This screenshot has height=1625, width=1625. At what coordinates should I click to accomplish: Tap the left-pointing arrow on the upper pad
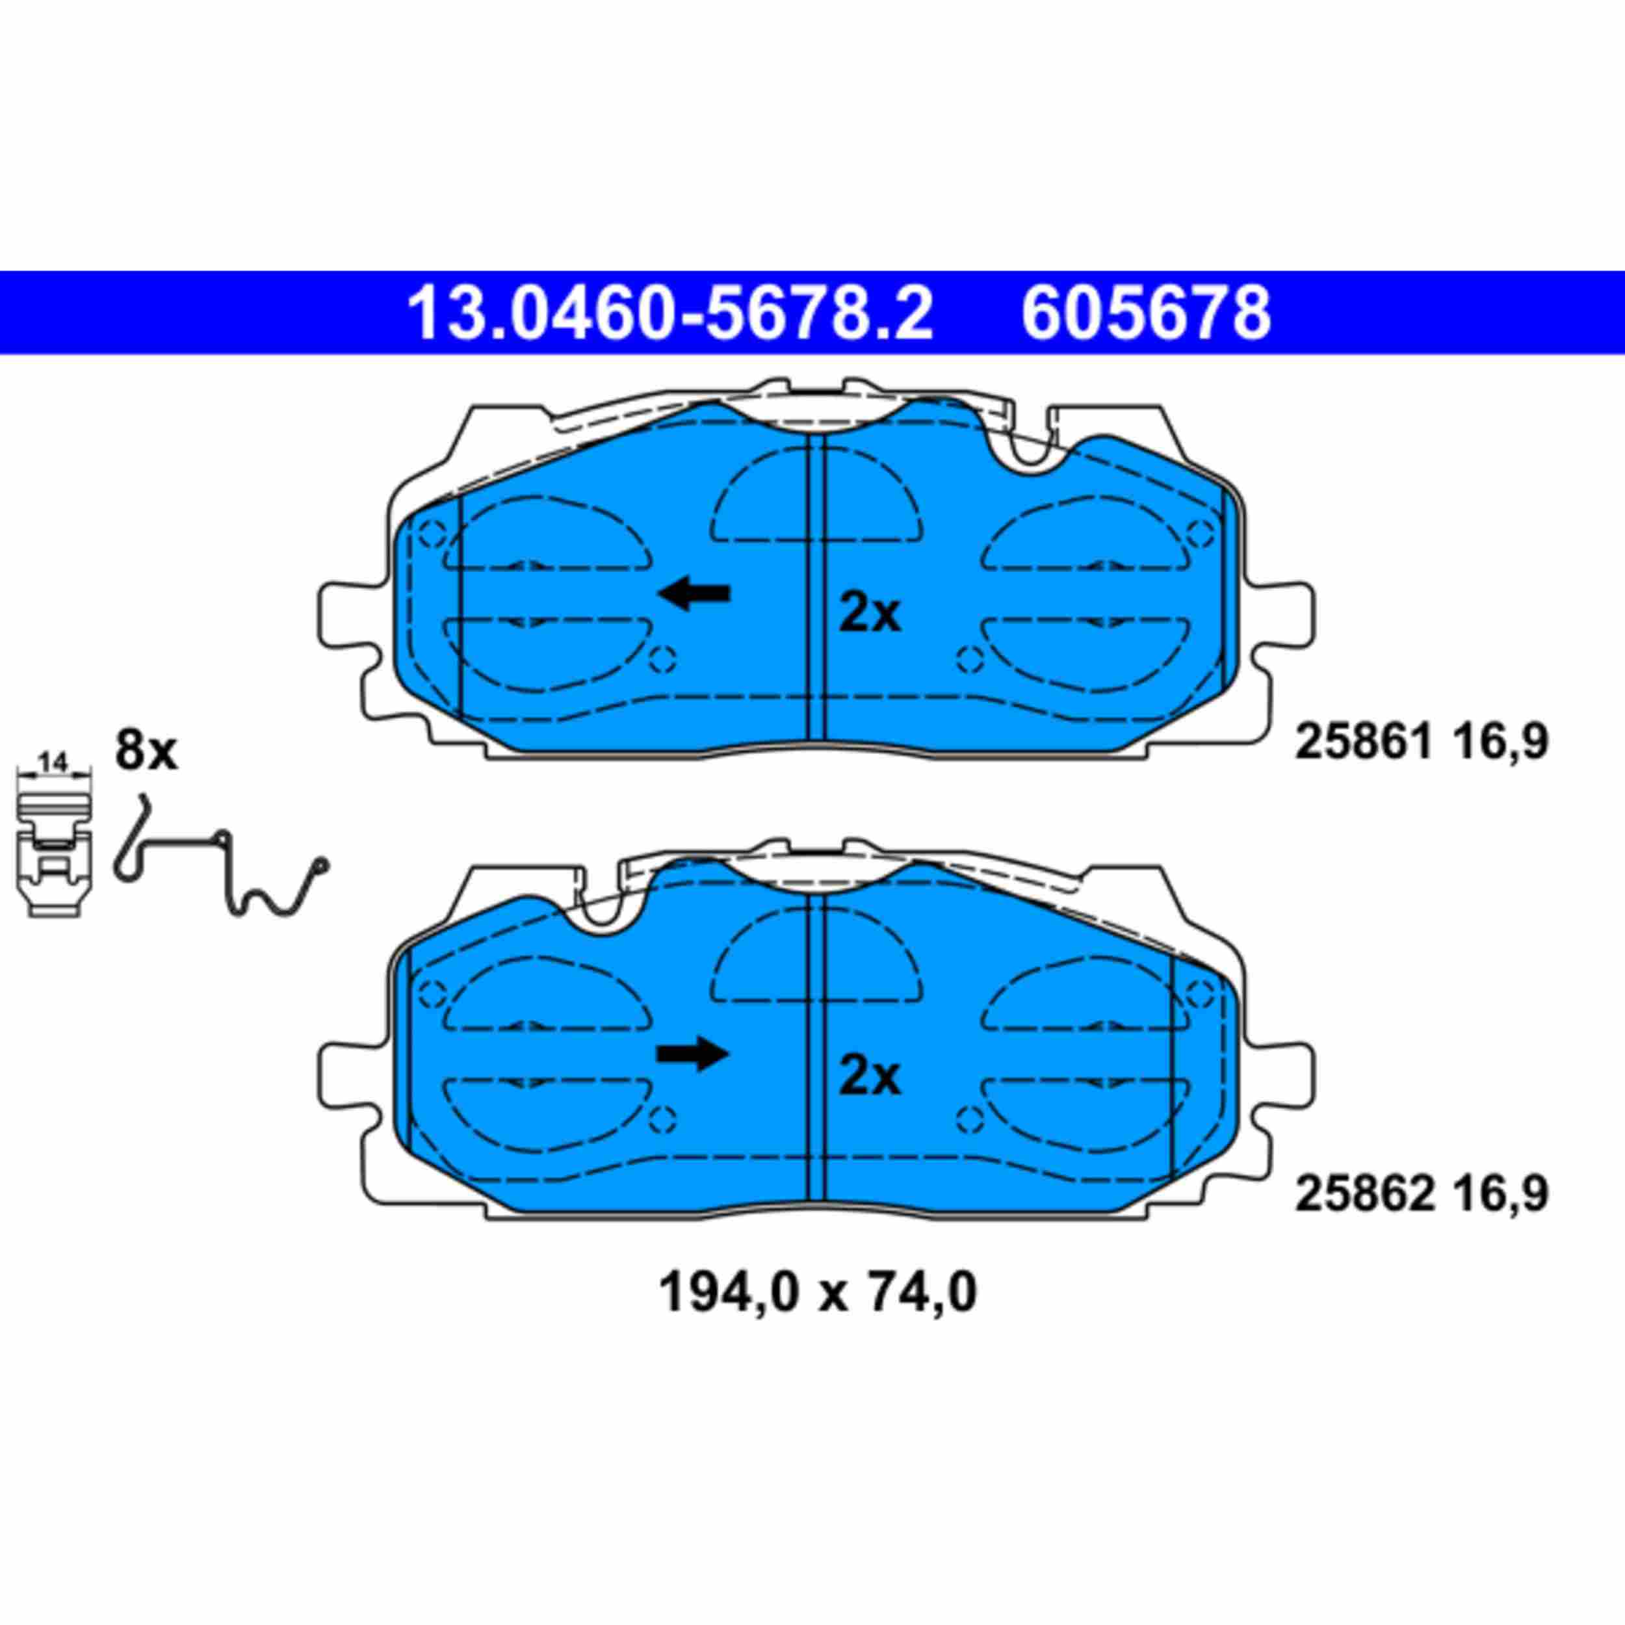click(x=694, y=594)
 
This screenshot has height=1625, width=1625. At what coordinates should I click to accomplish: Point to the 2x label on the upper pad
click(x=870, y=614)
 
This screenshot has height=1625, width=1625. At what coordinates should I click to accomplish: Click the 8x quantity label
click(x=146, y=751)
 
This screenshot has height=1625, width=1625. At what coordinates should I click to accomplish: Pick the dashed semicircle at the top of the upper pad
click(x=816, y=496)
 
